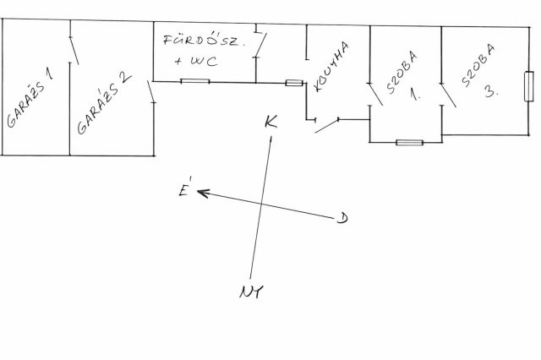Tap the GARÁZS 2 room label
click(x=104, y=103)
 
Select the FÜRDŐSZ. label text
click(x=204, y=41)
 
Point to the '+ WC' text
click(x=196, y=62)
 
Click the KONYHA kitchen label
click(x=331, y=67)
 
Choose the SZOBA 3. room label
click(x=480, y=71)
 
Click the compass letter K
click(x=270, y=122)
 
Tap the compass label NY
click(x=251, y=292)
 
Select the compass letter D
click(x=342, y=218)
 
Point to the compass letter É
click(x=184, y=187)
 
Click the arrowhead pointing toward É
click(x=203, y=194)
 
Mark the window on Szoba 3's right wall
click(x=528, y=86)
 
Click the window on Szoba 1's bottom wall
click(x=409, y=143)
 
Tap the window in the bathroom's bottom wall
click(x=195, y=81)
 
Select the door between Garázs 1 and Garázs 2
click(x=74, y=51)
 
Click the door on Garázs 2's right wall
click(x=151, y=92)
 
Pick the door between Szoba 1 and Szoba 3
click(x=448, y=95)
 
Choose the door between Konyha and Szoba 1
click(x=375, y=94)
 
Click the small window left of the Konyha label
click(x=294, y=83)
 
